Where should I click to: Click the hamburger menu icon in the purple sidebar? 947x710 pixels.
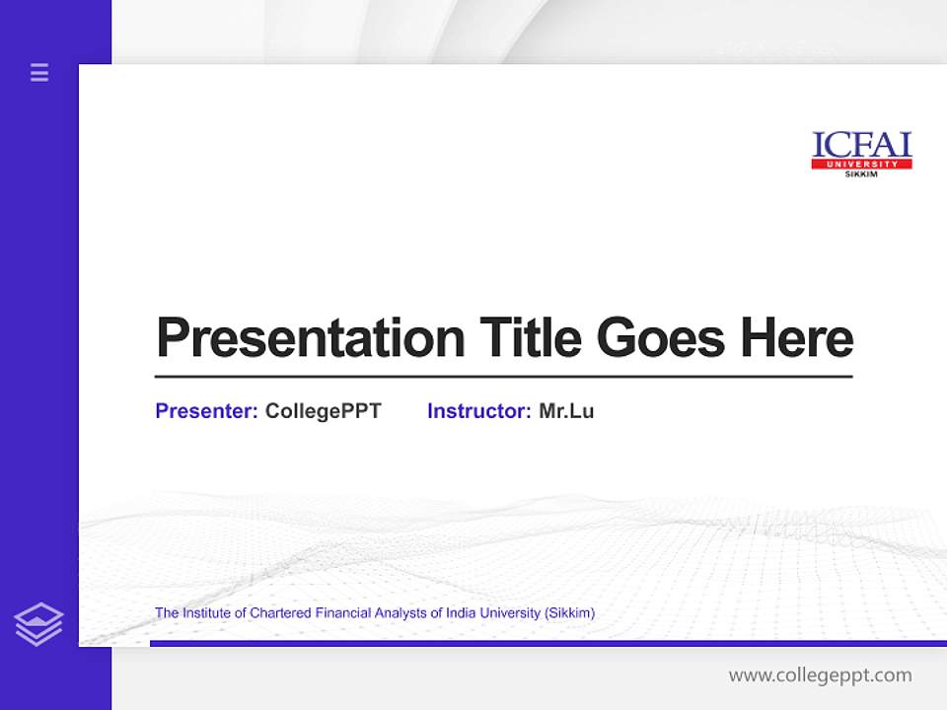39,72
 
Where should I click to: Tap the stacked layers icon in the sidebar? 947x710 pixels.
38,624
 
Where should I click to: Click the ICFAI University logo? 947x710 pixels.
861,154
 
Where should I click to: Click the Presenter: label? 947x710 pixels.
206,411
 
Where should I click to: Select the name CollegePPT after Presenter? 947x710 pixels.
323,411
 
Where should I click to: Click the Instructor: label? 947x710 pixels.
478,411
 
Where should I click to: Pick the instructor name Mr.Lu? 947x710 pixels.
566,411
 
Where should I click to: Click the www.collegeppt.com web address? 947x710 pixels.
820,675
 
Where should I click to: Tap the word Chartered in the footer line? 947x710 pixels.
281,613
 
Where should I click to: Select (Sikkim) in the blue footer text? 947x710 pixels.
569,613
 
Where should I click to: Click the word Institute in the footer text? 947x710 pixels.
205,613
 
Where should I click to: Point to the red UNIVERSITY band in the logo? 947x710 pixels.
861,164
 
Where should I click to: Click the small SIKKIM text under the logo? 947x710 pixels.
861,175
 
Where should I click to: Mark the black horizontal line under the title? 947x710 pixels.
503,376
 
